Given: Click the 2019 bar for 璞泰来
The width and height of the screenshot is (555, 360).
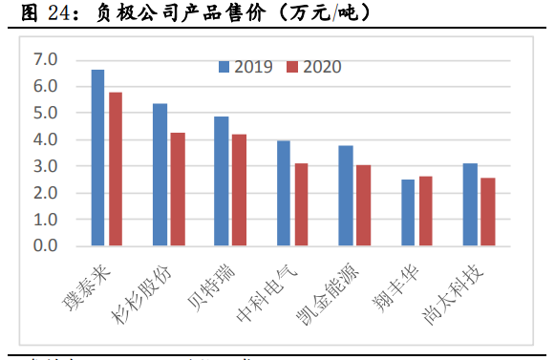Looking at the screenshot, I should click(x=97, y=158).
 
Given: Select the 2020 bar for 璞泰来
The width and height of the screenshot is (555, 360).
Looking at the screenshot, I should click(x=116, y=169).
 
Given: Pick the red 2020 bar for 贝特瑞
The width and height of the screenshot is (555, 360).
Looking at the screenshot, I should click(x=239, y=190).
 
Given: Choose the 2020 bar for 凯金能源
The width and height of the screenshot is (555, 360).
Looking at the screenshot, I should click(x=363, y=205).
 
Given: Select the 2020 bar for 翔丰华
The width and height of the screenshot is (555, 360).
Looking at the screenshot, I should click(x=425, y=211).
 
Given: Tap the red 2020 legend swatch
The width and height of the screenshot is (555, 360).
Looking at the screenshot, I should click(x=291, y=67).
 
